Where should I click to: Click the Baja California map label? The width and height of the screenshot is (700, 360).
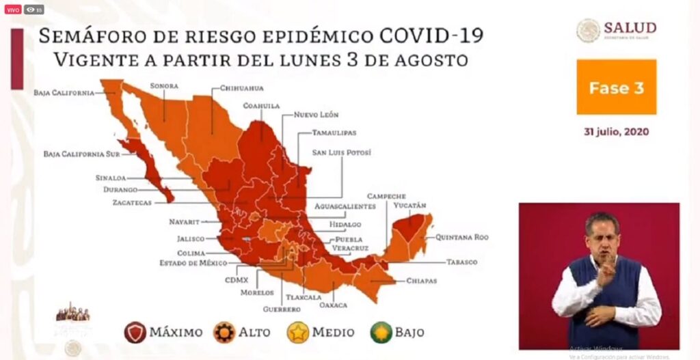[63, 93]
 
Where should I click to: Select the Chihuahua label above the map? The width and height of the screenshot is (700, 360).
[241, 88]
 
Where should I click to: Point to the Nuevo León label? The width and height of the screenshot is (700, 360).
[316, 115]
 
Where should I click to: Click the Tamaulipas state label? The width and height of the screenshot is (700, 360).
[334, 133]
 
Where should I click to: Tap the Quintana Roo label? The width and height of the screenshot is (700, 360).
[463, 238]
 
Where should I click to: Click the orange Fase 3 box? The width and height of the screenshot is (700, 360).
[616, 87]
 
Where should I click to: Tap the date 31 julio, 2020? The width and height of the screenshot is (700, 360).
[616, 131]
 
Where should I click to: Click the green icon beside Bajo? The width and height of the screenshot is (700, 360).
[381, 333]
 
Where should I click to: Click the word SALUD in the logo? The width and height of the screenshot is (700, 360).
[630, 28]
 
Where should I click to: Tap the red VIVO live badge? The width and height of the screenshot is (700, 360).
[14, 10]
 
